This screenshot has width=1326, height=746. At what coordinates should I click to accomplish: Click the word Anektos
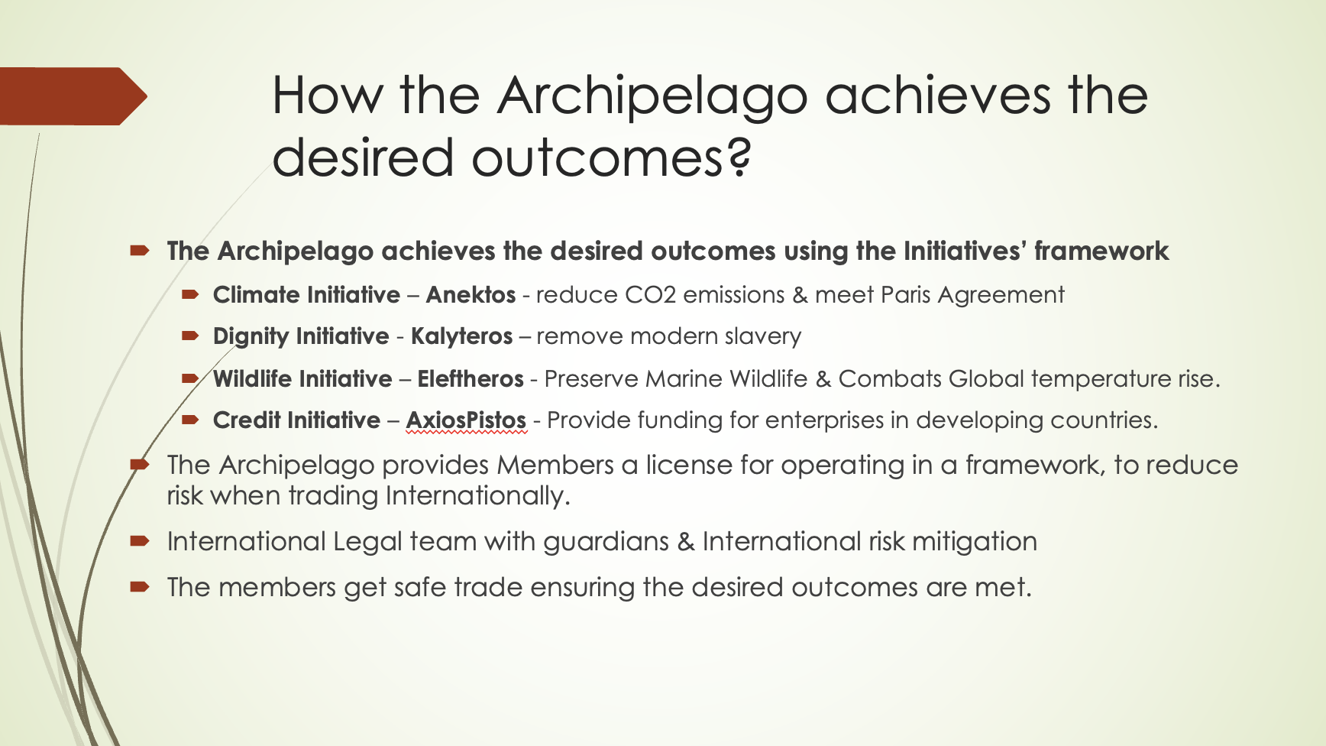click(x=471, y=295)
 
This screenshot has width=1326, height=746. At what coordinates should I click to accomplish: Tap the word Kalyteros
click(x=461, y=337)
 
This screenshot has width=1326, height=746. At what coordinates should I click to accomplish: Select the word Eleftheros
click(x=471, y=379)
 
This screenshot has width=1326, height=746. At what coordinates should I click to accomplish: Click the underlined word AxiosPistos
click(x=466, y=420)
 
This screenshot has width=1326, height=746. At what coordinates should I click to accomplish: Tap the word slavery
click(x=763, y=337)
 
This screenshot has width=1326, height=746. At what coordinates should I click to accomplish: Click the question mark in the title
click(x=739, y=156)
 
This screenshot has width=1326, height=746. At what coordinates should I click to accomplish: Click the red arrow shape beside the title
click(x=73, y=96)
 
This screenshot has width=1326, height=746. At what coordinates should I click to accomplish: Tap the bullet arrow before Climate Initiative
click(x=190, y=294)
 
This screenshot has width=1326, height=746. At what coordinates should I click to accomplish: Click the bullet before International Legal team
click(x=139, y=541)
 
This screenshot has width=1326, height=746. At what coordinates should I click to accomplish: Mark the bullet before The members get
click(x=139, y=587)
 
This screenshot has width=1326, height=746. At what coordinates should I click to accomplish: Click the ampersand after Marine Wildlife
click(x=823, y=379)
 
